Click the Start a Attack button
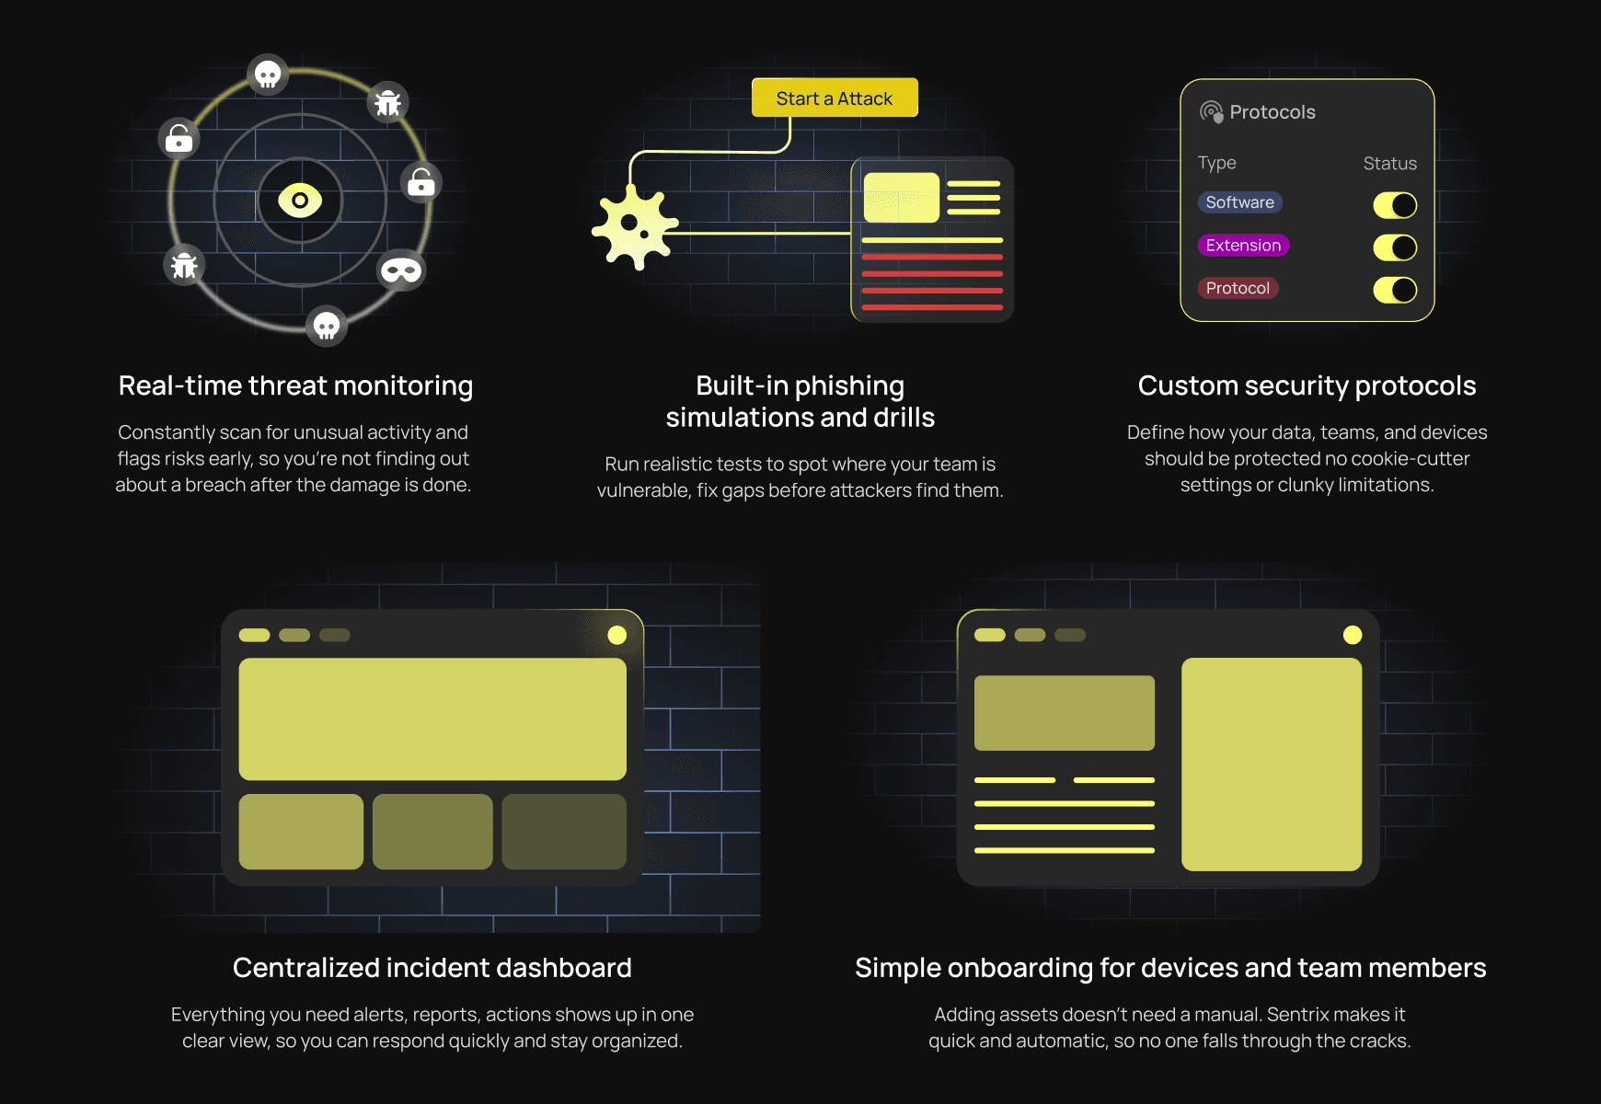pos(835,98)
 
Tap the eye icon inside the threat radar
pos(300,200)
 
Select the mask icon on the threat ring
pos(401,270)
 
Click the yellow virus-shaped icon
pos(634,226)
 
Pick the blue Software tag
pos(1239,202)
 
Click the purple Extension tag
pos(1243,246)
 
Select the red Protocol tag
pos(1238,288)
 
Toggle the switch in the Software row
pos(1395,205)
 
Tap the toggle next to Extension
pos(1395,247)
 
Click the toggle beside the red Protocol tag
pos(1395,290)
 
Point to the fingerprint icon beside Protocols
pos(1211,112)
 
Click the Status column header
pos(1389,164)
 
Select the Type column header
pos(1216,164)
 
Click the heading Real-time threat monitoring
pos(295,385)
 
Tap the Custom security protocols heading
pos(1307,385)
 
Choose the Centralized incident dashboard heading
pos(432,968)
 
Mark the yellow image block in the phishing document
pos(901,198)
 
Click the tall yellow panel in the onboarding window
pos(1271,764)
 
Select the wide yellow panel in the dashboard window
pos(432,719)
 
